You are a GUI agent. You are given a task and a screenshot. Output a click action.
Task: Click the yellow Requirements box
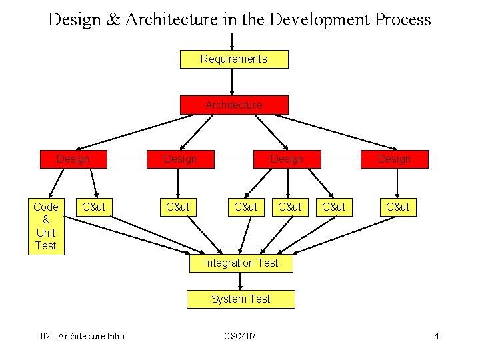tap(234, 59)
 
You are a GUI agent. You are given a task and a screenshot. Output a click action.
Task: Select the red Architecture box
tap(234, 105)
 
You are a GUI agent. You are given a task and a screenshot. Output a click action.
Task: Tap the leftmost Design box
tap(73, 159)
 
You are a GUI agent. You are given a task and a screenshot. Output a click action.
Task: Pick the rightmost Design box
tap(395, 159)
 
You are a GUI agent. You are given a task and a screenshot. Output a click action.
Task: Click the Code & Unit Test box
tap(46, 226)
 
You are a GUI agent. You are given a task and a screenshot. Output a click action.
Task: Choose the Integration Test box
tap(241, 263)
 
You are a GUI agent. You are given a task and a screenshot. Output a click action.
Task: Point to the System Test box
tap(241, 299)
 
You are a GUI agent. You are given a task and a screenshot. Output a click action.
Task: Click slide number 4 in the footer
tap(436, 336)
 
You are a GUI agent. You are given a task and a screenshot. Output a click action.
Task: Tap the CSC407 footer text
tap(240, 336)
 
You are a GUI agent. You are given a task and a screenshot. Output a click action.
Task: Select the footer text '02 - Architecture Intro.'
tap(84, 336)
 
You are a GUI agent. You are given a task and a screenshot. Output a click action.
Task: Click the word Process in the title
tap(402, 19)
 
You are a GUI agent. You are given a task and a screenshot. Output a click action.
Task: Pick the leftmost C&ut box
tap(93, 207)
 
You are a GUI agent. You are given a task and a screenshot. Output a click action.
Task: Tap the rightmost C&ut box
tap(398, 207)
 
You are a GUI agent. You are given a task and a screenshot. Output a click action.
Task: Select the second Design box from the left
tap(180, 159)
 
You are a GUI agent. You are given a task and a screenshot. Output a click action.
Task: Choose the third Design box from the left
tap(287, 159)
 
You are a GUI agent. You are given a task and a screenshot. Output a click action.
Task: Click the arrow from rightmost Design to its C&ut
tap(395, 183)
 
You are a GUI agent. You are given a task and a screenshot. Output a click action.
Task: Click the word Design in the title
tap(74, 19)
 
